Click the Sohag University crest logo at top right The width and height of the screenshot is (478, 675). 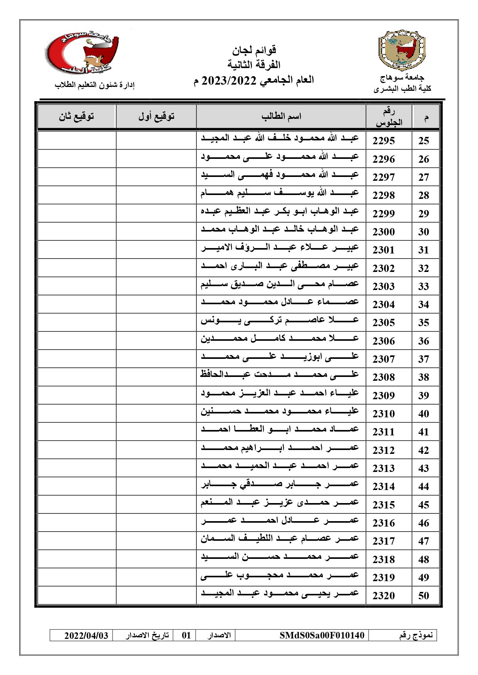(402, 50)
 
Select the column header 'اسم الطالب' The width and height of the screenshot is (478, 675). (281, 117)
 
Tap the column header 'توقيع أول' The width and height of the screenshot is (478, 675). (156, 117)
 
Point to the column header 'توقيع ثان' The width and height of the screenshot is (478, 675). (77, 117)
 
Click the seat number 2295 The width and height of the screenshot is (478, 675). (384, 140)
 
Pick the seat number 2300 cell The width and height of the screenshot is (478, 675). (384, 232)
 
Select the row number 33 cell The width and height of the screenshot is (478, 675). (424, 286)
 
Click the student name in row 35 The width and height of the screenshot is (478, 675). (280, 320)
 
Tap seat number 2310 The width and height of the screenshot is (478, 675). (384, 413)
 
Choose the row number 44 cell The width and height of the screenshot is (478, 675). (424, 487)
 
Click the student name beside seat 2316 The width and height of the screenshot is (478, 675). (280, 521)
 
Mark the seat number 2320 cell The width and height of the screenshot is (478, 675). (384, 596)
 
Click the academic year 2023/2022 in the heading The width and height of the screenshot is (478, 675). (229, 80)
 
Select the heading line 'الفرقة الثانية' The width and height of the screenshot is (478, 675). (254, 65)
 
